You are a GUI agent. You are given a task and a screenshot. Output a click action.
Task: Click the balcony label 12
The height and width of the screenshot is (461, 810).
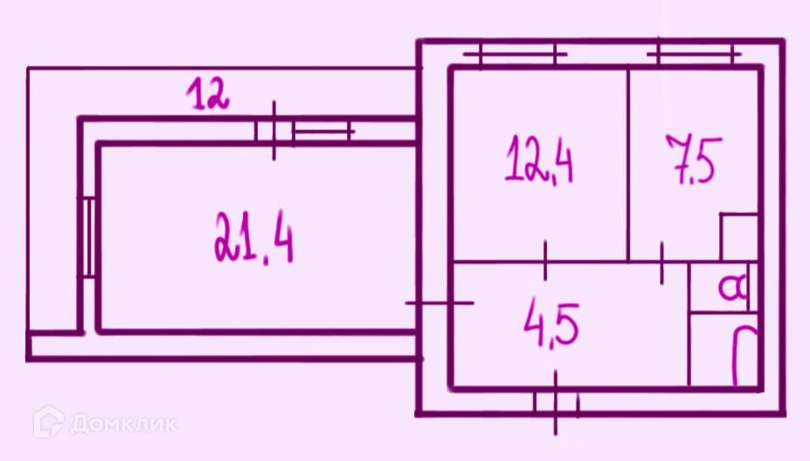click(210, 94)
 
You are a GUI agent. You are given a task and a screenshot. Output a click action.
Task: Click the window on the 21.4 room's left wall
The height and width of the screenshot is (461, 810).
click(87, 237)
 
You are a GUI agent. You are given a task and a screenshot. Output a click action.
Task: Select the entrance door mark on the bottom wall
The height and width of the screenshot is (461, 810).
click(557, 403)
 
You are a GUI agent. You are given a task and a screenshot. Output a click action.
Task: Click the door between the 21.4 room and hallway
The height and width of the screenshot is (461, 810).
click(440, 303)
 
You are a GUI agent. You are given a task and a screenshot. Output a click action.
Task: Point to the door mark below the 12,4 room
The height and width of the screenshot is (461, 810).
click(545, 259)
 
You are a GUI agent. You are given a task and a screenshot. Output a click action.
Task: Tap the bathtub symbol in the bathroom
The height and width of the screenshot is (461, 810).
click(744, 356)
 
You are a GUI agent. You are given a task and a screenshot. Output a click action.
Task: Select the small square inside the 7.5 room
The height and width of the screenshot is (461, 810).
click(737, 237)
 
